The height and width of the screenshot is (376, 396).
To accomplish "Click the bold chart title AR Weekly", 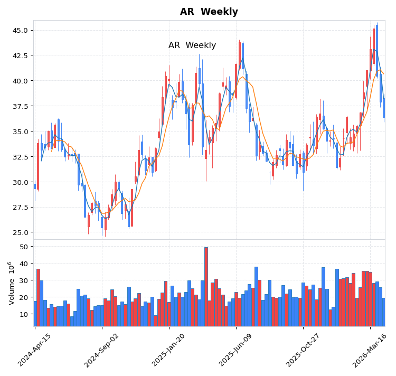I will coord(209,12).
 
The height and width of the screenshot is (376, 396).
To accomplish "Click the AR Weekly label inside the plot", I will coord(192,45).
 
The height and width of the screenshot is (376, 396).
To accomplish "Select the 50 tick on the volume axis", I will coord(23,247).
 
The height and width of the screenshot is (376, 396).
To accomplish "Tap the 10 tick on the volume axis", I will coord(23,314).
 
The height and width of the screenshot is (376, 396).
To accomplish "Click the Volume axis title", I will coord(11,283).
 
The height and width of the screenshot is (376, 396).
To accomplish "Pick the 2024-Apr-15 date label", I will coord(35,350).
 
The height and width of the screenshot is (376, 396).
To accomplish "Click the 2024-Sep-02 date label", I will coord(101,350).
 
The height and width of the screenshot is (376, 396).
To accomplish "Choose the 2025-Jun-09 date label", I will coord(235,350).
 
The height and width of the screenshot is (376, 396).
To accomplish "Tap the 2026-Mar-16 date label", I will coord(370,350).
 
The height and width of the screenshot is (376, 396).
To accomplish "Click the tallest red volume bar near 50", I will coord(206,287).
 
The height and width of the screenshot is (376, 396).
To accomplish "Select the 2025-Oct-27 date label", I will coord(303,350).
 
